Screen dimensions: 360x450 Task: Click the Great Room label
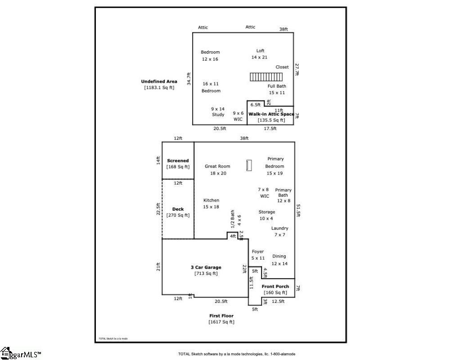[x=217, y=166]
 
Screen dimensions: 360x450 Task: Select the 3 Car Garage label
[x=206, y=267]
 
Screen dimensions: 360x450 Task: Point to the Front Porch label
[x=275, y=287]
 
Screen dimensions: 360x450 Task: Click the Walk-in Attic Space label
[x=271, y=114]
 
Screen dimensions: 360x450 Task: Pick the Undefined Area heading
[x=159, y=81]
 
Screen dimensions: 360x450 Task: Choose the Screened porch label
[x=178, y=161]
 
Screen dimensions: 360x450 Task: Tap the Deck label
[x=178, y=209]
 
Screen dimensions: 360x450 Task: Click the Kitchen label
[x=211, y=200]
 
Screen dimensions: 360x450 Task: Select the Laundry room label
[x=279, y=228]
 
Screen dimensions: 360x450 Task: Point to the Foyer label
[x=258, y=252]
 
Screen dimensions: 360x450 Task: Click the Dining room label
[x=279, y=256]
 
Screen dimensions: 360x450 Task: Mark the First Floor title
[x=221, y=316]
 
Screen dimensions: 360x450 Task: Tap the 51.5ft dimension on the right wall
[x=298, y=211]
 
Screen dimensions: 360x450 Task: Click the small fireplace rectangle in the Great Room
[x=249, y=165]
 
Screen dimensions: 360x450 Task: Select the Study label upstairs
[x=218, y=115]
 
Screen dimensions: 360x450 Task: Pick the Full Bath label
[x=277, y=86]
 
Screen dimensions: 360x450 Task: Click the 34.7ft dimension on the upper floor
[x=189, y=79]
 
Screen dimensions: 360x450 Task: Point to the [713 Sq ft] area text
[x=206, y=274]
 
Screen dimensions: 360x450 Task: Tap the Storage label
[x=266, y=212]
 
